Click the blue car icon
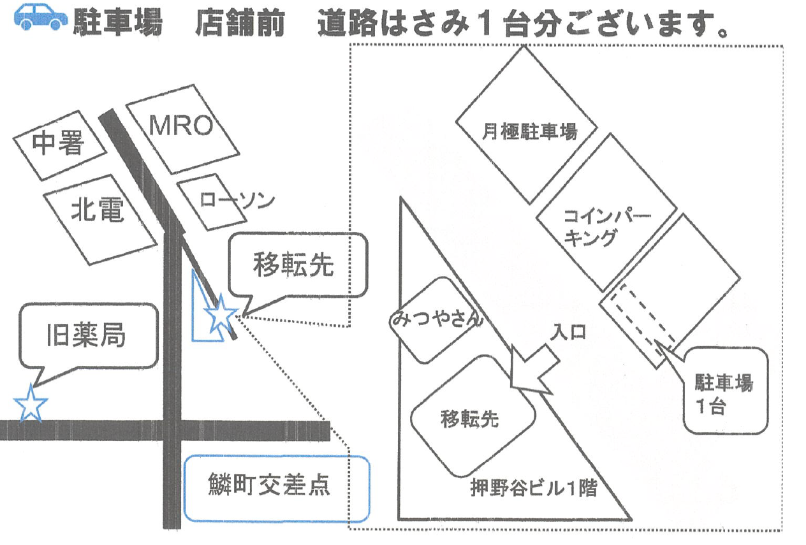pos(41,17)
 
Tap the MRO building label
pos(181,126)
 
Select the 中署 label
pos(58,143)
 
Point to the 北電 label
pos(98,209)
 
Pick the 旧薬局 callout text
pos(86,335)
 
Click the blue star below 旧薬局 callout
pos(31,403)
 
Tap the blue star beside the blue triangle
pos(221,314)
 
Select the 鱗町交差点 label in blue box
pos(269,484)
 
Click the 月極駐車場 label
pos(529,132)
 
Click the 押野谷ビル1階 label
pos(534,488)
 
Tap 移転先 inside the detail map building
pos(470,419)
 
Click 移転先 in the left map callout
pos(293,265)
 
